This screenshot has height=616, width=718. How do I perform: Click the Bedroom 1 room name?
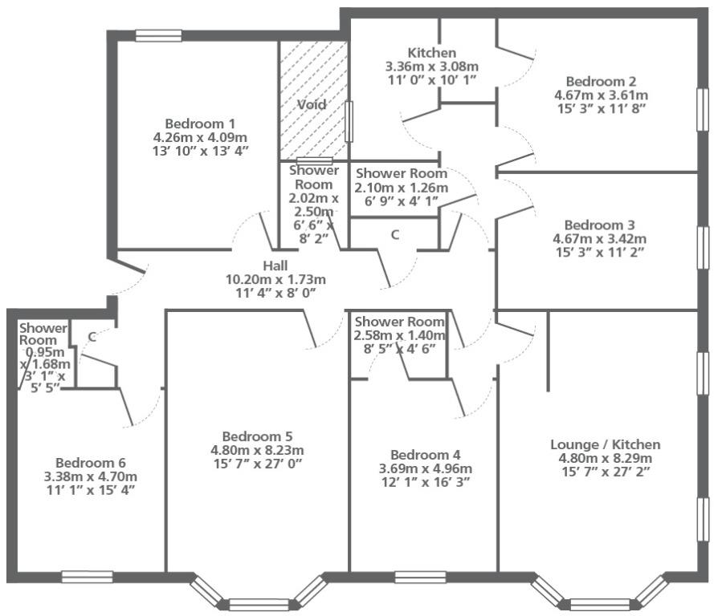pyautogui.click(x=200, y=124)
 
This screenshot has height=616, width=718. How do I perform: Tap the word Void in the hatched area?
pyautogui.click(x=312, y=104)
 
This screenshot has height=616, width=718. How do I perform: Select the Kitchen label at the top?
pyautogui.click(x=432, y=53)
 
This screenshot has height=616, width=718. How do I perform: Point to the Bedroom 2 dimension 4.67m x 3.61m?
pyautogui.click(x=601, y=95)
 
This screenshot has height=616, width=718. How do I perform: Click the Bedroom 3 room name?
pyautogui.click(x=599, y=225)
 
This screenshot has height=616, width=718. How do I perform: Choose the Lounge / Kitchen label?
pyautogui.click(x=605, y=444)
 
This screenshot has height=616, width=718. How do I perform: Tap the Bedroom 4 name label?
pyautogui.click(x=426, y=455)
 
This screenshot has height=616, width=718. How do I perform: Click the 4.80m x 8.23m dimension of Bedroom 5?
pyautogui.click(x=257, y=450)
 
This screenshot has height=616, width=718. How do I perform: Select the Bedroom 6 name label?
pyautogui.click(x=91, y=463)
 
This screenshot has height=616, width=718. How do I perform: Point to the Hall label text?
pyautogui.click(x=275, y=265)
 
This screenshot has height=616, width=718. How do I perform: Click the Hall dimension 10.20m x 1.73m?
pyautogui.click(x=275, y=279)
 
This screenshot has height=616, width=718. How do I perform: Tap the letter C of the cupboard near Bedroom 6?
pyautogui.click(x=92, y=338)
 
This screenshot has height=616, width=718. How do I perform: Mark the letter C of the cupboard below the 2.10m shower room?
pyautogui.click(x=394, y=235)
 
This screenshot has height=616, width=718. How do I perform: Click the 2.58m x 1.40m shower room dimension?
pyautogui.click(x=399, y=335)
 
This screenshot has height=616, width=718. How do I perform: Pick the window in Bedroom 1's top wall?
pyautogui.click(x=158, y=35)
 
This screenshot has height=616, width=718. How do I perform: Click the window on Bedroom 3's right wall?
pyautogui.click(x=703, y=247)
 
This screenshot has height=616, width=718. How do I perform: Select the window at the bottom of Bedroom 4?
pyautogui.click(x=420, y=577)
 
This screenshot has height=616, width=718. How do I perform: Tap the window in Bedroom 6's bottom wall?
pyautogui.click(x=87, y=577)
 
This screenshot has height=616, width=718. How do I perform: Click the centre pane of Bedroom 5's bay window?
pyautogui.click(x=259, y=605)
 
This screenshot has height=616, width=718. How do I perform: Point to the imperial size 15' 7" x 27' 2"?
pyautogui.click(x=605, y=472)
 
